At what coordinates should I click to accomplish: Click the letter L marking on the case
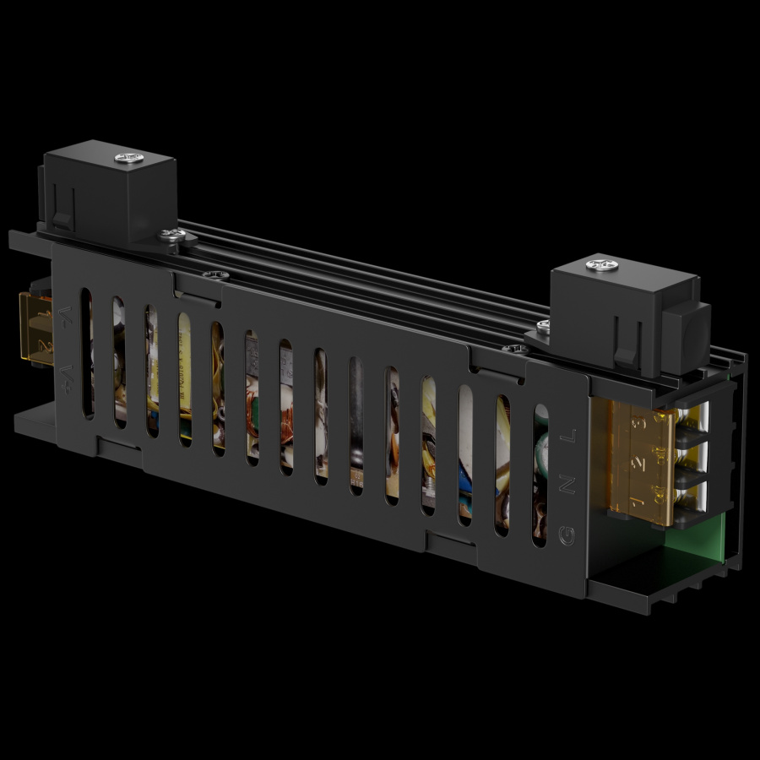(x=570, y=437)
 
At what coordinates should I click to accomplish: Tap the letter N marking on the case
(x=568, y=485)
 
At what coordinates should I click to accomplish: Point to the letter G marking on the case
(x=567, y=535)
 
